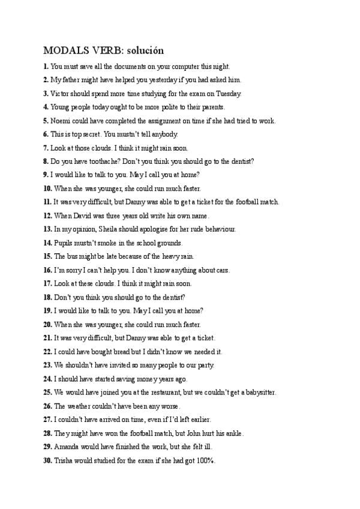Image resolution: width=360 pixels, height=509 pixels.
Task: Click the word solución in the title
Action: pos(145,50)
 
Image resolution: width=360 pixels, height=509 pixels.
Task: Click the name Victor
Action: pos(59,94)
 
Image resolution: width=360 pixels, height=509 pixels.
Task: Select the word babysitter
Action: pos(257,392)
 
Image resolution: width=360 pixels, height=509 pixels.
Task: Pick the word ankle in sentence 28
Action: pos(232,433)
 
